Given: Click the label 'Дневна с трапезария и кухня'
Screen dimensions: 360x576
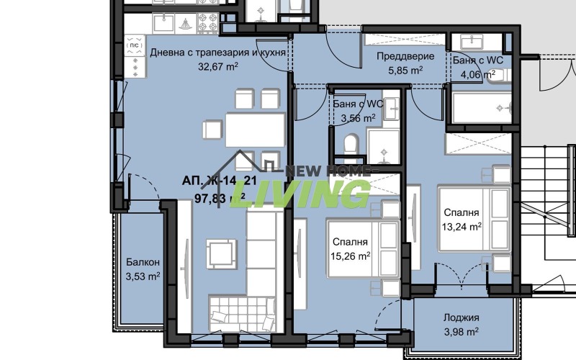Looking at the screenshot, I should coord(218,53).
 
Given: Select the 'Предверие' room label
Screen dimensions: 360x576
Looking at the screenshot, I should coord(400,58).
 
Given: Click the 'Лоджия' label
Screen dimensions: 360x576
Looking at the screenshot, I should coord(462,318).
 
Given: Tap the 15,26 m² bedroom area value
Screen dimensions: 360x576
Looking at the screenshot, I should coord(350,255).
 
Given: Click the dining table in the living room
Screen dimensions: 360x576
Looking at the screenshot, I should coord(245,128).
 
